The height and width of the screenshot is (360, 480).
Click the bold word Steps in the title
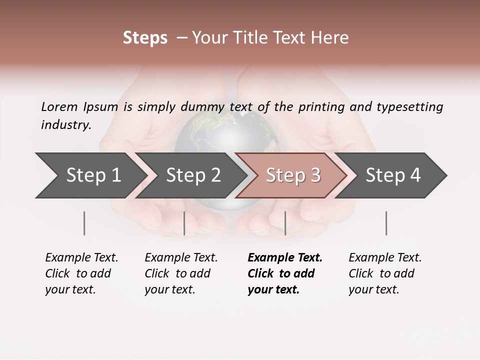point(145,38)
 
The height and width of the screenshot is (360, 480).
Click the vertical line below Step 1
point(84,223)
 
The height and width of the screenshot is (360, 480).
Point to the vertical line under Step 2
point(184,223)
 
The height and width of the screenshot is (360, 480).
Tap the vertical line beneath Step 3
point(285,223)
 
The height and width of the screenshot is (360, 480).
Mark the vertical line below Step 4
point(386,223)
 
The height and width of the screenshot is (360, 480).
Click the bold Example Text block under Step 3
point(285,273)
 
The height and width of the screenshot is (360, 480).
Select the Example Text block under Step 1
point(81,273)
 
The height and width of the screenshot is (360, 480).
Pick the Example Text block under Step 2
point(181,273)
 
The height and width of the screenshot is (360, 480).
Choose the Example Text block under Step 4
point(385,273)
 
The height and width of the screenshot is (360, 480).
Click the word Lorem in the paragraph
point(59,107)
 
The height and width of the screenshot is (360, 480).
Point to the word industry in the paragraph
point(66,125)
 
